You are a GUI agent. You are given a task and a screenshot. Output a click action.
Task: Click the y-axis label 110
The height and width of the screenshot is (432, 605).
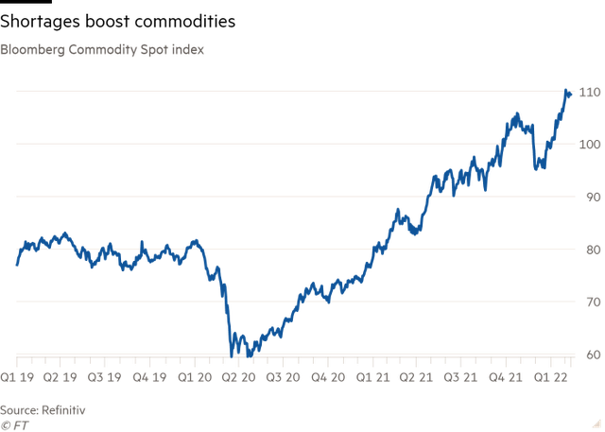coord(589,92)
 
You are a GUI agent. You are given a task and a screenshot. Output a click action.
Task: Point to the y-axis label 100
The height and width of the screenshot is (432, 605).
coord(589,145)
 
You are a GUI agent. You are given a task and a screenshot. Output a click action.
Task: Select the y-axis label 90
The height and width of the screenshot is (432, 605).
coord(591,197)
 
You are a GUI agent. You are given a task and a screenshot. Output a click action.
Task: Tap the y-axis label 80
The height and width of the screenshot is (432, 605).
coord(591,250)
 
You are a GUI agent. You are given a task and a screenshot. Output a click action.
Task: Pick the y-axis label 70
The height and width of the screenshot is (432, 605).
coord(591,302)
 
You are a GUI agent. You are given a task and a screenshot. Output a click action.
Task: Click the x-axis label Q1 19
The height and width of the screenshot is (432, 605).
coord(18,376)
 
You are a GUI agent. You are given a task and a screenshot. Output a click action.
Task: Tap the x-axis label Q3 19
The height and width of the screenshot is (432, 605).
coord(106,376)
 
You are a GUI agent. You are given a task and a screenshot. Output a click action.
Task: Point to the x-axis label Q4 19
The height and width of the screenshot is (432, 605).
coord(150,376)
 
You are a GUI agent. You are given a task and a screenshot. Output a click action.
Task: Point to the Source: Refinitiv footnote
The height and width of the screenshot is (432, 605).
coord(43,409)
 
